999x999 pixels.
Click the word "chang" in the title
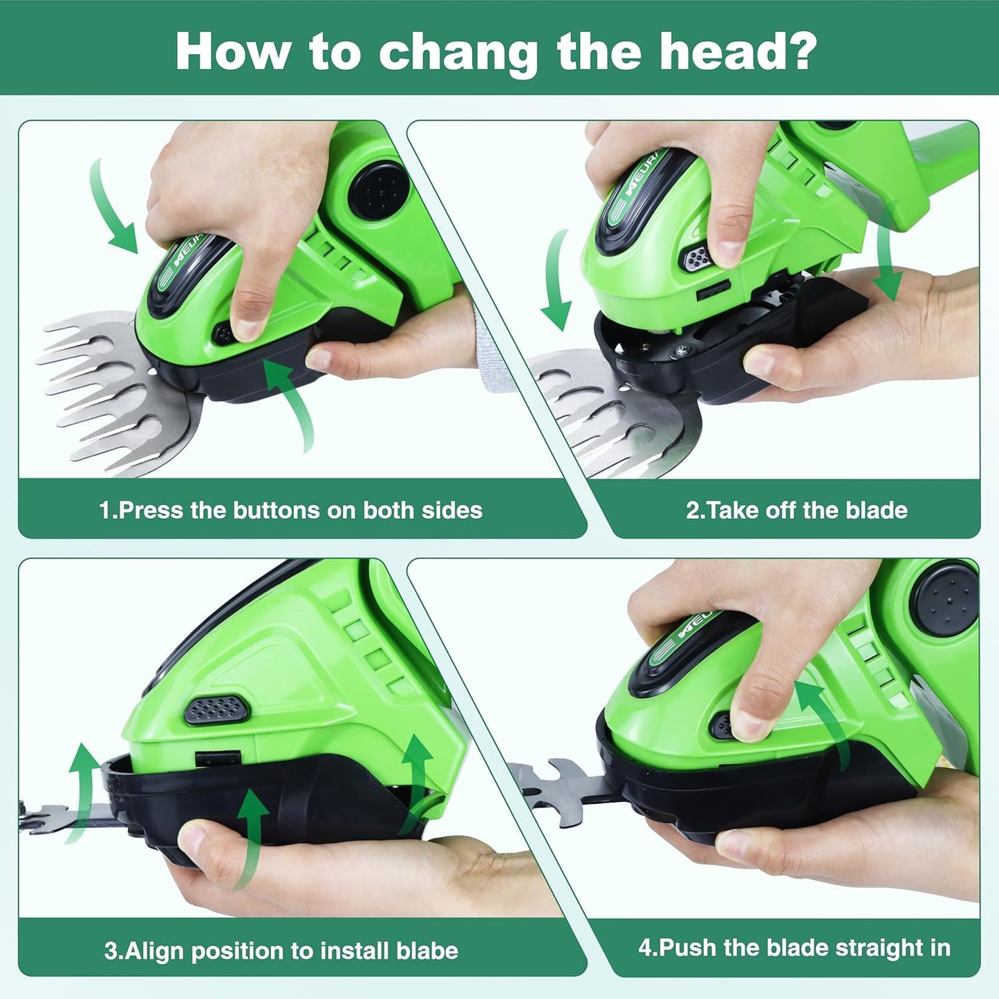[x=458, y=53]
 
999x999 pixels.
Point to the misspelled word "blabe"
[x=427, y=951]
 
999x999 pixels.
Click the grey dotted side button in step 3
[x=216, y=710]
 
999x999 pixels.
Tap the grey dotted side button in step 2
[x=696, y=259]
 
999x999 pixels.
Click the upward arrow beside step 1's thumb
[x=294, y=401]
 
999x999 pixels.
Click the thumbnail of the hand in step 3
[x=196, y=837]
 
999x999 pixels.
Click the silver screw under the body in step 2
[x=682, y=352]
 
